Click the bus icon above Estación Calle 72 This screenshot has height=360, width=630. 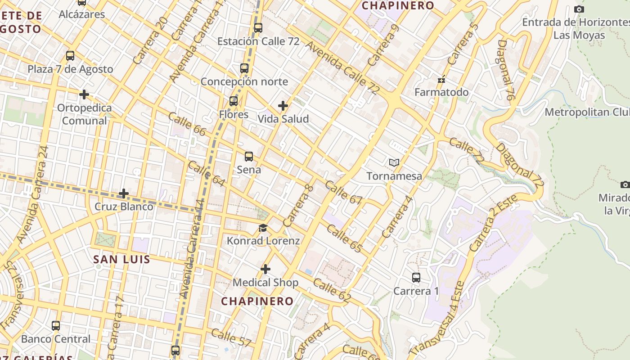258,27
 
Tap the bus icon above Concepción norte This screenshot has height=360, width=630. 244,68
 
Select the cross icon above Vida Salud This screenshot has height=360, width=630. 283,106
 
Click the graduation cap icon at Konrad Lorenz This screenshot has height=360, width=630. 263,228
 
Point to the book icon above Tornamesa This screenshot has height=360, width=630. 394,162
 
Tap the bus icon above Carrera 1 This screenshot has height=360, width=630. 416,278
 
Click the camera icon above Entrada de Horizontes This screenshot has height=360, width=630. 579,9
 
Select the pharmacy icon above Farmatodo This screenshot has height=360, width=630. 441,80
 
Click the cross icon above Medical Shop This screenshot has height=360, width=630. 265,269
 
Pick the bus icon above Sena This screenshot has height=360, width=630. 249,157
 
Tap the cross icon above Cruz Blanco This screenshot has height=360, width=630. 124,193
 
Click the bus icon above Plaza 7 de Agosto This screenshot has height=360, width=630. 70,56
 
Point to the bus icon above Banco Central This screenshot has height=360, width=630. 56,325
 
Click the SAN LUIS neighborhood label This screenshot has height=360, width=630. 121,259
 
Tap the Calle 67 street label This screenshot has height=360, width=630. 343,193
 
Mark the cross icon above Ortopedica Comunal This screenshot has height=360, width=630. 84,94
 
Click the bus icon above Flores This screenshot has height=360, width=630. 234,101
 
